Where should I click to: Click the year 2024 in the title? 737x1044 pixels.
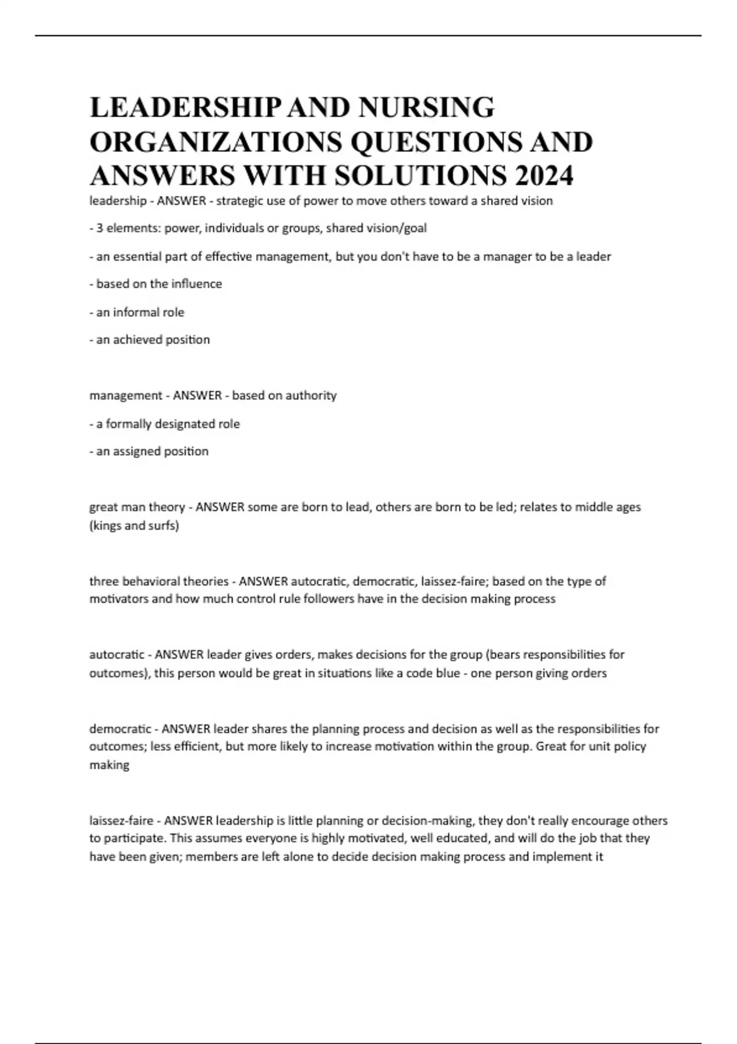coord(544,176)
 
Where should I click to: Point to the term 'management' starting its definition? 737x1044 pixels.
coord(125,395)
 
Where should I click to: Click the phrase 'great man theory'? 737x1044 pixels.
coord(137,507)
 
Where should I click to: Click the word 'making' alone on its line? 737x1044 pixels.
coord(109,765)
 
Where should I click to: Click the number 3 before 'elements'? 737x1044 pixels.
coord(99,228)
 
